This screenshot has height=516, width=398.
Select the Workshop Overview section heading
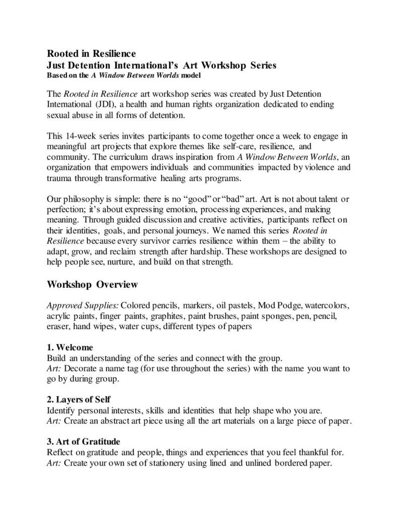[x=92, y=285]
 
